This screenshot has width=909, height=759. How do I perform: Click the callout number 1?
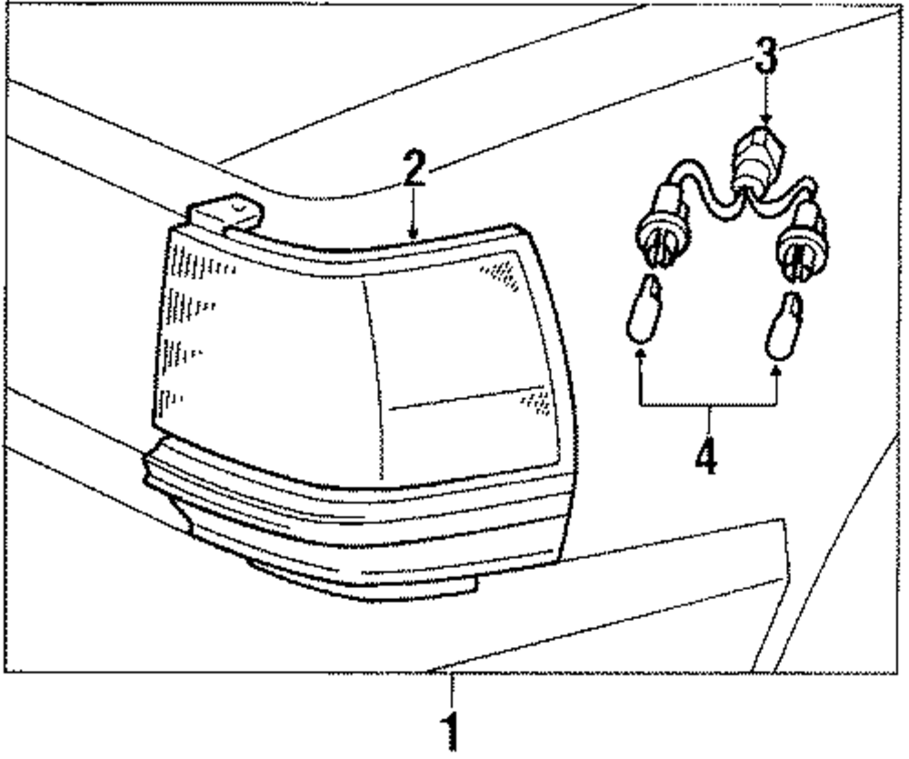[x=448, y=733]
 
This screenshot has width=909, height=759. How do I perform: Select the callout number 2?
[x=414, y=170]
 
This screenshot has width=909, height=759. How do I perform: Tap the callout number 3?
[x=767, y=58]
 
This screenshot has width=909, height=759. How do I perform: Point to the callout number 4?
[x=706, y=457]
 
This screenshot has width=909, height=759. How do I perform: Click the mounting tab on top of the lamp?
[x=225, y=214]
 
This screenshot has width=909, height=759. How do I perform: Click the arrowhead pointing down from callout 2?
[x=414, y=234]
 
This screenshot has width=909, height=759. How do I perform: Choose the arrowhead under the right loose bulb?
[x=777, y=369]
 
